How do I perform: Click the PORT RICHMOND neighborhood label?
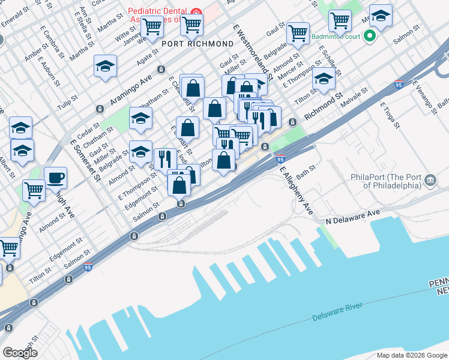(x=197, y=44)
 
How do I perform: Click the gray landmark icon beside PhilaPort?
(x=430, y=180)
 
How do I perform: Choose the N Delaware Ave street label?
(x=354, y=217)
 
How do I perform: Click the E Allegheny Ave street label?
(x=296, y=191)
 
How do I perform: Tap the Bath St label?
(x=305, y=172)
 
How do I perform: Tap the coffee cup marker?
(x=56, y=178)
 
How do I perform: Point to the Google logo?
(x=19, y=353)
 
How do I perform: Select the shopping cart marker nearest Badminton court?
(x=340, y=21)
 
